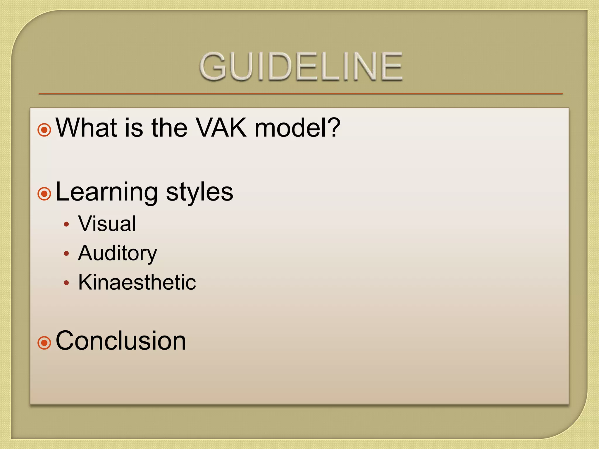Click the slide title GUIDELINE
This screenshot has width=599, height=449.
coord(301,66)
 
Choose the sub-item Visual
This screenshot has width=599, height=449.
coord(107,224)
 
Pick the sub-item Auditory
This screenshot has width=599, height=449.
coord(118,253)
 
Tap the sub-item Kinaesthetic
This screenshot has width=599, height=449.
coord(137,282)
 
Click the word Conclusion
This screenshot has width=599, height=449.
coord(121,341)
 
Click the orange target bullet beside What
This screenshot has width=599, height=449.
coord(44,129)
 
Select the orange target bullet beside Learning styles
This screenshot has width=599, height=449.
coord(44,194)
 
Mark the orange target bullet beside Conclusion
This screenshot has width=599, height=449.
coord(44,343)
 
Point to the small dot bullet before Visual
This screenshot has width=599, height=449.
coord(67,224)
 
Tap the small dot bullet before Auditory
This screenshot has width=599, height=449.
coord(67,253)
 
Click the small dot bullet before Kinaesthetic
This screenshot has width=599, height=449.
coord(67,283)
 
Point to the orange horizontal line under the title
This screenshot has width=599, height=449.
coord(300,94)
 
